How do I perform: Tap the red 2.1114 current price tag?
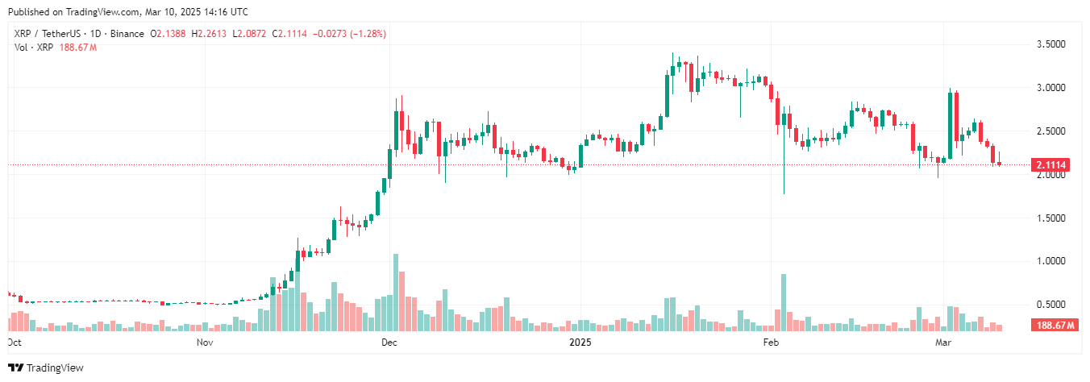tap(1051, 165)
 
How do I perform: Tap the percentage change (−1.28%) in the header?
tap(364, 34)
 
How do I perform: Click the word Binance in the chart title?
tap(126, 34)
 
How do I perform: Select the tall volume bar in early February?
tap(783, 303)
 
